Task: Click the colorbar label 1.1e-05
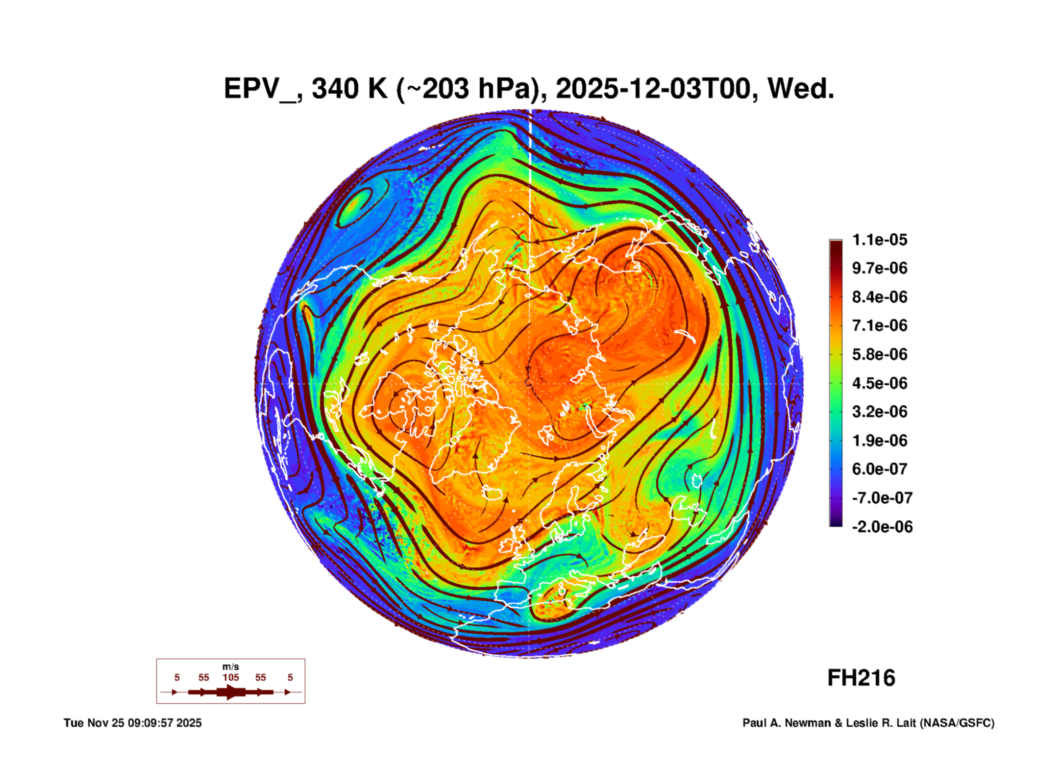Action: click(x=879, y=240)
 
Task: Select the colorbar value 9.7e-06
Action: click(x=879, y=268)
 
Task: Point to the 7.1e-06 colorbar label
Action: click(x=879, y=325)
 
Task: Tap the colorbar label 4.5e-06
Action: click(x=879, y=383)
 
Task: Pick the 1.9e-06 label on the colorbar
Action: click(x=879, y=440)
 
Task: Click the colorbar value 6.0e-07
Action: click(x=879, y=469)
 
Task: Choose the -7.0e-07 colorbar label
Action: click(x=882, y=498)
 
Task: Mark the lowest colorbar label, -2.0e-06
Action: click(x=882, y=527)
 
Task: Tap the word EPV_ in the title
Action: click(x=259, y=89)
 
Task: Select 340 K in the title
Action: click(x=349, y=89)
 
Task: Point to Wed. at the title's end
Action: click(x=800, y=89)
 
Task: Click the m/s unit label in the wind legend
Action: click(x=231, y=667)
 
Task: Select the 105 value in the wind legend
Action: click(x=231, y=678)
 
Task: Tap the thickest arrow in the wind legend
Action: click(x=231, y=692)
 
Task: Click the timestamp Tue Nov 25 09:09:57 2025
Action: click(x=132, y=723)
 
